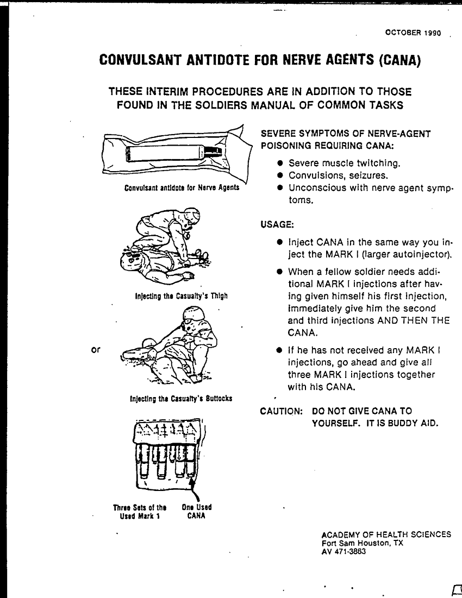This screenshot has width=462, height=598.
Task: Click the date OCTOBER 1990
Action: pos(413,33)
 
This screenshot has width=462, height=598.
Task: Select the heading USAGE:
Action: pos(277,225)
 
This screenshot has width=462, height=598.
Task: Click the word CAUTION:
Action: pos(282,411)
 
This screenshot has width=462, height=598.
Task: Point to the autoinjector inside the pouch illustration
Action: pos(173,154)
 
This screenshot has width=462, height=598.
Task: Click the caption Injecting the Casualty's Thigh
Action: pos(181,296)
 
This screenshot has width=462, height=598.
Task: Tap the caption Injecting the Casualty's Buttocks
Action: pos(181,399)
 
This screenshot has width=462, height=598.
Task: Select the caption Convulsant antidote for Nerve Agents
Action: pos(182,187)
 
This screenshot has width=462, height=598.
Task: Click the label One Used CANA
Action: pos(196,512)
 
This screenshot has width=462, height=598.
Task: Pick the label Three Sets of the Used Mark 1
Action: pos(140,512)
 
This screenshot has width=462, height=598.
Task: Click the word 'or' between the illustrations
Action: pos(96,349)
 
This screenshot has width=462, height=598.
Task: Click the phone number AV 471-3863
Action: pos(344,551)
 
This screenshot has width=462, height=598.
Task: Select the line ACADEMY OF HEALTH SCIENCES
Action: pos(386,534)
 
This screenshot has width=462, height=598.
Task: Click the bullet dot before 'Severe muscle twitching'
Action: pos(280,163)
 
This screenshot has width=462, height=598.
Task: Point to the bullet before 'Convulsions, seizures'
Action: pos(280,175)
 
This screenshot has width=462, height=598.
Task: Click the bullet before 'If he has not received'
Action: pos(280,350)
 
